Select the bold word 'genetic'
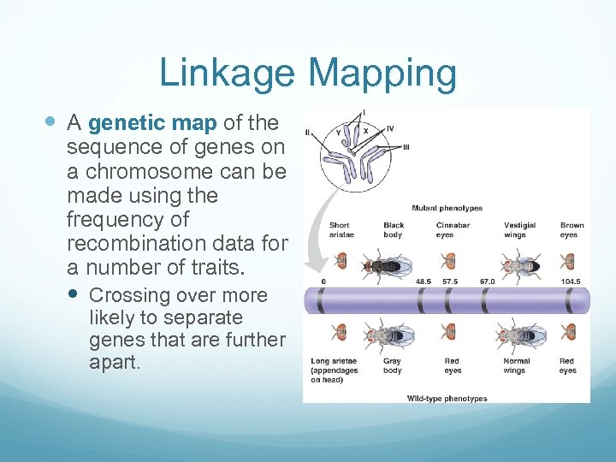(x=122, y=124)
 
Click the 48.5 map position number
(x=423, y=280)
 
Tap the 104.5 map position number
(x=571, y=280)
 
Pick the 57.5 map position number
(x=450, y=280)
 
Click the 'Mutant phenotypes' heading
(x=447, y=208)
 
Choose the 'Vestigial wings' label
(x=519, y=230)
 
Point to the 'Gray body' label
(x=393, y=365)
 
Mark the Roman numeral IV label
(x=389, y=128)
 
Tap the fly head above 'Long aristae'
(x=340, y=332)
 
